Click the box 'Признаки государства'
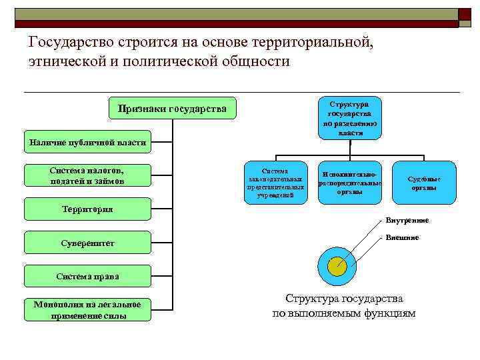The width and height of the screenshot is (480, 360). point(172,108)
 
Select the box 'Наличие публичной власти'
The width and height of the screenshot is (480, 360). point(87,142)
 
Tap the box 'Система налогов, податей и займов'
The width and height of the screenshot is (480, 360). point(87,175)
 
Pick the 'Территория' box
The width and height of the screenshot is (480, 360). point(87,209)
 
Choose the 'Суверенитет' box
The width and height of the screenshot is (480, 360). point(87,243)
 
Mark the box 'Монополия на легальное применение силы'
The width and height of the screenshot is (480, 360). point(87,310)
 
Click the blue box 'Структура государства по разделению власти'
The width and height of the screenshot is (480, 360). point(351,119)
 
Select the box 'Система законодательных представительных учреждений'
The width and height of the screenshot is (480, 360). point(275,183)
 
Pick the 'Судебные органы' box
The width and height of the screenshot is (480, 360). point(424,183)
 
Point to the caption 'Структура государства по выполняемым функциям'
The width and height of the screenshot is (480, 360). point(344,306)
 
